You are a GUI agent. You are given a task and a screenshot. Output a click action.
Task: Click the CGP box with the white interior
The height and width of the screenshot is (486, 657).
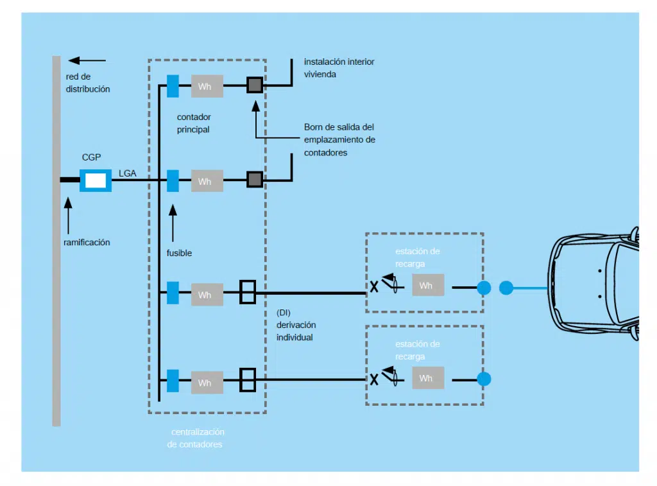pyautogui.click(x=96, y=180)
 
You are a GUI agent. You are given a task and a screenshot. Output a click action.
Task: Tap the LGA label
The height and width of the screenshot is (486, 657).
pyautogui.click(x=128, y=173)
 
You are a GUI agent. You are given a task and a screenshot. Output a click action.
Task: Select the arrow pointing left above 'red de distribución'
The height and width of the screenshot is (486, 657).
pyautogui.click(x=87, y=60)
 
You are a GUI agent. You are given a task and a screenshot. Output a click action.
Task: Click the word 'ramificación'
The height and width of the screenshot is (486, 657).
pyautogui.click(x=87, y=242)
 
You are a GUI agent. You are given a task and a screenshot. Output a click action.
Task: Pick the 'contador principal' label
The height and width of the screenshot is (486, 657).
pyautogui.click(x=194, y=123)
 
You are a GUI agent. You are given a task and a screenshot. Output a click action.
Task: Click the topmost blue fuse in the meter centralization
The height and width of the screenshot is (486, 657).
pyautogui.click(x=173, y=86)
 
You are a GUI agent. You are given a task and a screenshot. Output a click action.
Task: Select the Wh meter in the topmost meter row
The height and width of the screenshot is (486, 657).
pyautogui.click(x=207, y=86)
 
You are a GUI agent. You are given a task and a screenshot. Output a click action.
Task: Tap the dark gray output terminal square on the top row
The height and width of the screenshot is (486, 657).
pyautogui.click(x=255, y=85)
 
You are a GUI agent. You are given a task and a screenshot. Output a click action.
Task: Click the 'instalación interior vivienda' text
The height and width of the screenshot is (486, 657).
pyautogui.click(x=339, y=67)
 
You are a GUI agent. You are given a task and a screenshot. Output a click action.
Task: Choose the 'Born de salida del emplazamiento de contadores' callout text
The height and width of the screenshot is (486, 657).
pyautogui.click(x=339, y=139)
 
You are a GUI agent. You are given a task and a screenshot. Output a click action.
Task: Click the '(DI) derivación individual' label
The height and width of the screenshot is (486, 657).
pyautogui.click(x=295, y=325)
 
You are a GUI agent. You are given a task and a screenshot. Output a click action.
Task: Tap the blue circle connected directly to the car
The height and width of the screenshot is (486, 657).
pyautogui.click(x=506, y=288)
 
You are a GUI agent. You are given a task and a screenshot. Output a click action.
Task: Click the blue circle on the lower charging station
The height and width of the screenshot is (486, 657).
pyautogui.click(x=484, y=379)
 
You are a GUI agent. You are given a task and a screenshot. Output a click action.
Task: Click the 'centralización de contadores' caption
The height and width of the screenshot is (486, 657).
pyautogui.click(x=195, y=438)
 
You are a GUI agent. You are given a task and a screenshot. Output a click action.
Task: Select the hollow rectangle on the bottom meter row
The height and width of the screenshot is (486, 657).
pyautogui.click(x=248, y=379)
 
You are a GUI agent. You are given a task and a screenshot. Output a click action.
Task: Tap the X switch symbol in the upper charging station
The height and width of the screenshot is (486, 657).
pyautogui.click(x=373, y=287)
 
